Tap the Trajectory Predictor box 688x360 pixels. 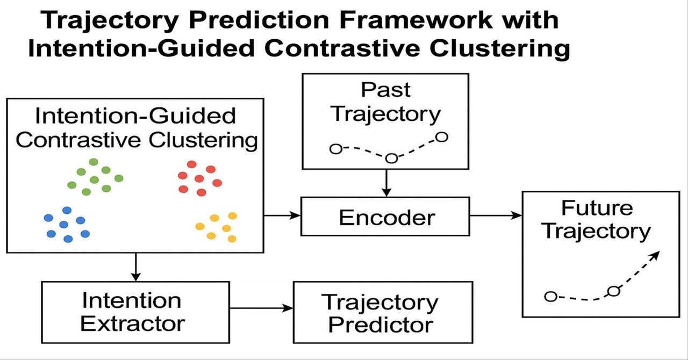pos(382,312)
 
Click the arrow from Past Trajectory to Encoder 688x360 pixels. pos(385,183)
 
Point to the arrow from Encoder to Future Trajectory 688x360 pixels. pos(496,215)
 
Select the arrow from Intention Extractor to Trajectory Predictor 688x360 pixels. pos(262,308)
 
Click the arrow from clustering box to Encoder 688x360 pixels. pos(282,215)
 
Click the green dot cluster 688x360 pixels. pos(95,177)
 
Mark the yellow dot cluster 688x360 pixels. pos(218,226)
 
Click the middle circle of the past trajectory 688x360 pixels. pos(391,158)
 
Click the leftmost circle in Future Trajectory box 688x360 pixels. pos(550,296)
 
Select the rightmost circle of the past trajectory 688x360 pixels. pos(441,137)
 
